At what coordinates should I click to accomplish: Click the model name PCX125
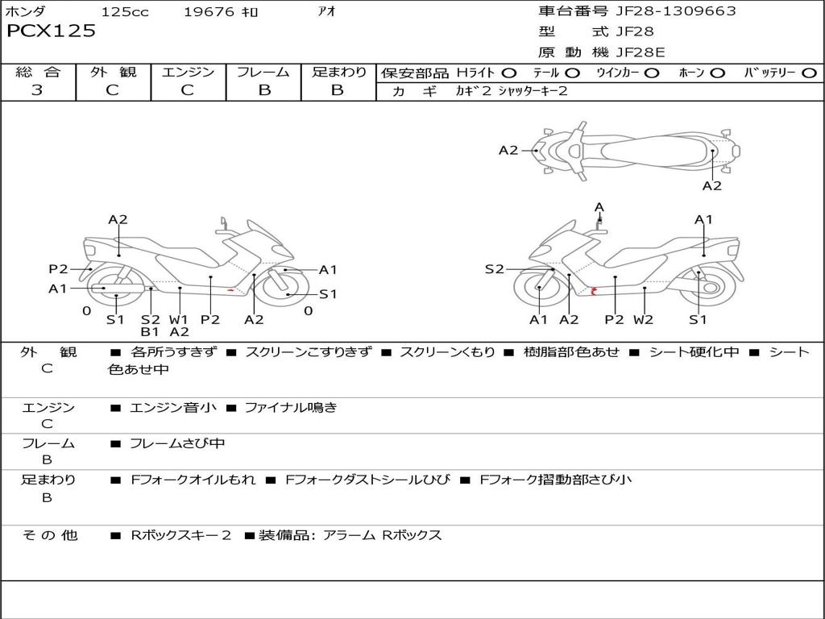point(51,31)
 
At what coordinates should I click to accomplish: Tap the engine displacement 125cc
point(125,12)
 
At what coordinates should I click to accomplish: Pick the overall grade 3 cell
point(38,90)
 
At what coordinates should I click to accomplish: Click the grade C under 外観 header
point(112,90)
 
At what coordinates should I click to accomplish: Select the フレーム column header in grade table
point(263,72)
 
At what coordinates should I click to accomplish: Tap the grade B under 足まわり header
point(338,90)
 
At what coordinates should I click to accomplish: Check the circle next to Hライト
point(509,73)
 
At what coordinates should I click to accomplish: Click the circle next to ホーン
point(717,73)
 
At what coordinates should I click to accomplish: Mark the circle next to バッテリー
point(809,73)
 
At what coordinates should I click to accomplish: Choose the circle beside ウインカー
point(652,73)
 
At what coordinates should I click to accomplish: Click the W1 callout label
point(178,319)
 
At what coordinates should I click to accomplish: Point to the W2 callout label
point(643,319)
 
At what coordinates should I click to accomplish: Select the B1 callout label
point(150,331)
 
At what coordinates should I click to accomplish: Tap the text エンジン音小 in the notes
point(172,408)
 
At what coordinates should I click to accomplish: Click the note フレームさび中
point(177,444)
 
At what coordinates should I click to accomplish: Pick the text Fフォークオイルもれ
point(193,480)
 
